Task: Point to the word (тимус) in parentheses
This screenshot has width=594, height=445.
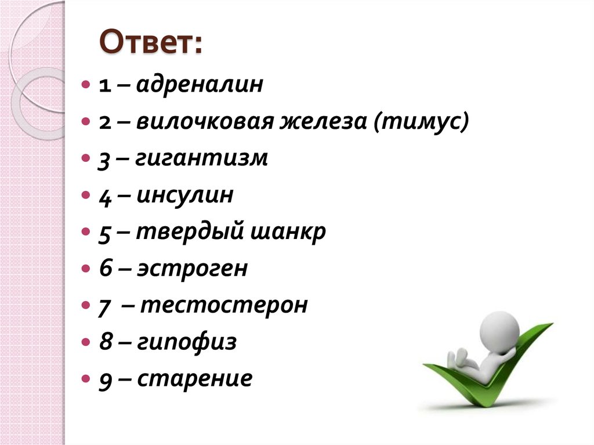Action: pyautogui.click(x=421, y=122)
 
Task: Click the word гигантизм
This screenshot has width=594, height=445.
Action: pyautogui.click(x=202, y=159)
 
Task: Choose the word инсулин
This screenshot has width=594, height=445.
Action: pyautogui.click(x=185, y=196)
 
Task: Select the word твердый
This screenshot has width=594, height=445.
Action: pyautogui.click(x=189, y=233)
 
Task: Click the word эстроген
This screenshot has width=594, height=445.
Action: pyautogui.click(x=192, y=269)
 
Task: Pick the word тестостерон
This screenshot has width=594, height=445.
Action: pyautogui.click(x=223, y=305)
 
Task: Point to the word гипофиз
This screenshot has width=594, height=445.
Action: pyautogui.click(x=187, y=342)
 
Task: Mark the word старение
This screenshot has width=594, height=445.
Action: pyautogui.click(x=195, y=379)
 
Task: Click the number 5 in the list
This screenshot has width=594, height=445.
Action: pyautogui.click(x=104, y=233)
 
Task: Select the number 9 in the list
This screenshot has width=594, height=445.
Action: pyautogui.click(x=104, y=380)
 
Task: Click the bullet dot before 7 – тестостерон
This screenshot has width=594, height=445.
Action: pyautogui.click(x=86, y=305)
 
